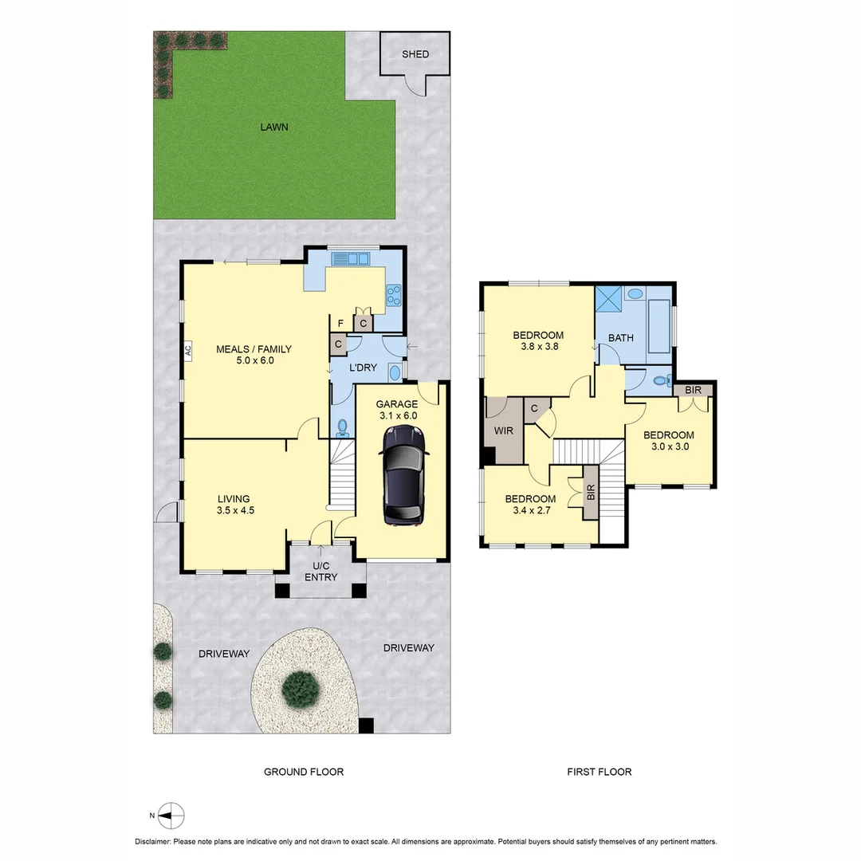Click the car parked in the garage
(x=404, y=475)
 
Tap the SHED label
(x=415, y=54)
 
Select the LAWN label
(x=273, y=127)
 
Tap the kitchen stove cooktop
(x=393, y=296)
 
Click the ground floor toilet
(x=343, y=427)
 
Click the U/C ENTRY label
(x=320, y=572)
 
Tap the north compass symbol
(x=171, y=815)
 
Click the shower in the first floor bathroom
(x=610, y=301)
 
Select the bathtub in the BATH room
(x=659, y=325)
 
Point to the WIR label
(x=504, y=431)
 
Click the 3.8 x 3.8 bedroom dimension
(x=538, y=348)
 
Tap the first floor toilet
(x=661, y=381)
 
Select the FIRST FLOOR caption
(x=599, y=772)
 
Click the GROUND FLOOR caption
(x=304, y=772)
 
